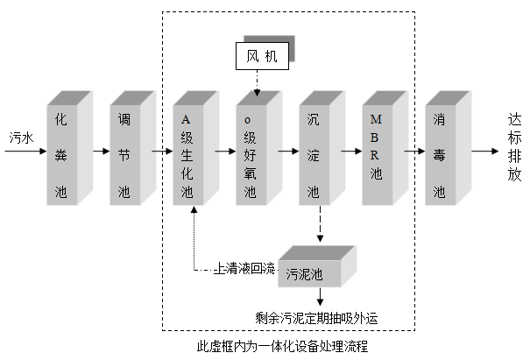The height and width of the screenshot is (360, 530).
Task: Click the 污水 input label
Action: point(21,138)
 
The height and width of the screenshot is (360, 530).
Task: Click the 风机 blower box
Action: point(265,58)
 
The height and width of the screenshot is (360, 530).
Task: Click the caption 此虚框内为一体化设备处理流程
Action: point(282,347)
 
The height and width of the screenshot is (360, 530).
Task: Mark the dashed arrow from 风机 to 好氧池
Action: point(257,83)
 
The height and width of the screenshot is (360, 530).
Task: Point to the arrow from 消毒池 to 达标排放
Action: point(484,151)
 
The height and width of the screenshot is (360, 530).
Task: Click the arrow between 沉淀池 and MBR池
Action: point(350,151)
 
